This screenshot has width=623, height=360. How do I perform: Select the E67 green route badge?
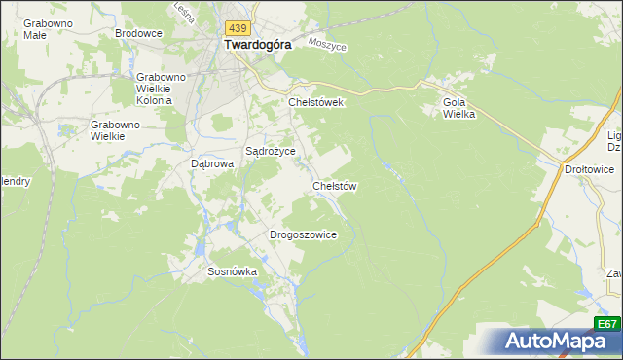(606, 324)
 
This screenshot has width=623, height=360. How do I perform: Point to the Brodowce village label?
(138, 33)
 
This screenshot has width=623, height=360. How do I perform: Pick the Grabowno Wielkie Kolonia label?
(154, 89)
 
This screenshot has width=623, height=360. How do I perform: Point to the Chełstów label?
(335, 185)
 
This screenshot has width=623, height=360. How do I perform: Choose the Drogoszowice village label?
(303, 234)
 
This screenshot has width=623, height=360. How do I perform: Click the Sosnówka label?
(232, 272)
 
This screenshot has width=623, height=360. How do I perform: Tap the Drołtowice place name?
(589, 169)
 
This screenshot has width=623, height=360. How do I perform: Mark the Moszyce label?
(327, 44)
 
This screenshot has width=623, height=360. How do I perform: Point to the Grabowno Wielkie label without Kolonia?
(115, 130)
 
